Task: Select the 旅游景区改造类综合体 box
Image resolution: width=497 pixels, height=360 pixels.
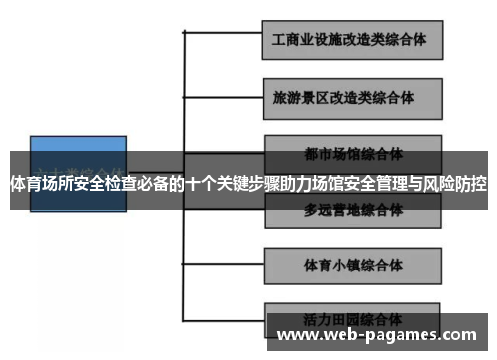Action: click(350, 98)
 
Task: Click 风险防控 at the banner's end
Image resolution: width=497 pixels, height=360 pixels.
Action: click(460, 184)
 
